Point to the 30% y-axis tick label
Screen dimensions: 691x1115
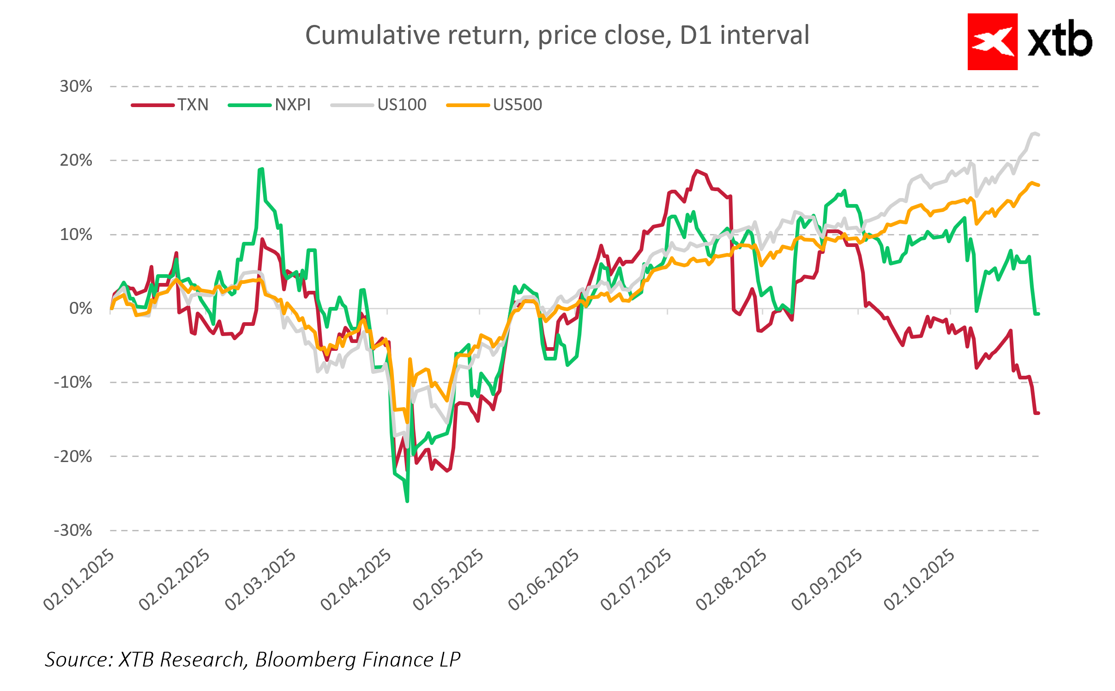coord(76,86)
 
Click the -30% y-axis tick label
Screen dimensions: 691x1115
coord(73,530)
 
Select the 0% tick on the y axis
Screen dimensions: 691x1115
coord(81,308)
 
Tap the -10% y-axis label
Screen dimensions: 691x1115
coord(73,382)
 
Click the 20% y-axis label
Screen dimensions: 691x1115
coord(76,160)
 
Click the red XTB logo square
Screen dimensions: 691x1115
coord(992,42)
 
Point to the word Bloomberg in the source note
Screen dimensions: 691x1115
coord(304,659)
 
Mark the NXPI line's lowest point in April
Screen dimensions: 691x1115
coord(407,501)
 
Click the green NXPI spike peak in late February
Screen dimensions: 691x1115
coord(262,169)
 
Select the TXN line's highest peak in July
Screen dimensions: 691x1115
coord(697,171)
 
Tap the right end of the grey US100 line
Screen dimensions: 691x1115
coord(1038,135)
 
